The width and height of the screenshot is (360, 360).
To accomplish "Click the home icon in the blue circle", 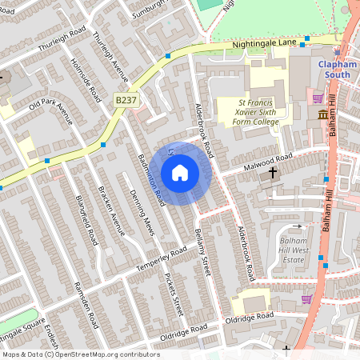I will [x=180, y=173].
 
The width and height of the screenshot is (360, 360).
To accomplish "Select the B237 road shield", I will [x=125, y=99].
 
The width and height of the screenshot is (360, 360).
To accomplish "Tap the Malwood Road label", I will [x=267, y=164].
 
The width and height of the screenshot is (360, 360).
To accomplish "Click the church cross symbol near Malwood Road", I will [x=273, y=172].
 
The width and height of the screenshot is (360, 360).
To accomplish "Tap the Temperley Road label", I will [x=161, y=258].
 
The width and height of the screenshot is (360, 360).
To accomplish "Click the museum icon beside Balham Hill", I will [x=323, y=115].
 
